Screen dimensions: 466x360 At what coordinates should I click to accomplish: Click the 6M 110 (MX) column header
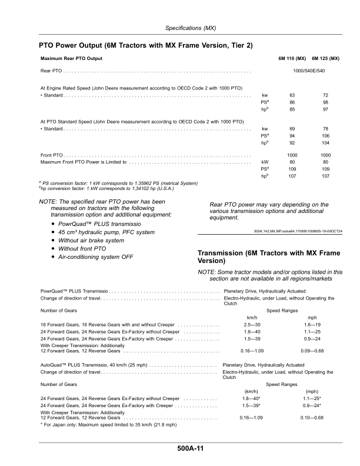(292, 59)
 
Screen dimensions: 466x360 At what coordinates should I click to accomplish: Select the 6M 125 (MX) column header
(325, 59)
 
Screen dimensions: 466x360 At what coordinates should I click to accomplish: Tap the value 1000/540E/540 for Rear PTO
(309, 71)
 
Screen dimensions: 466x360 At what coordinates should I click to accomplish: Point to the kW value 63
(292, 95)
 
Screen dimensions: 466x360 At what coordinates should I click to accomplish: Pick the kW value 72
(325, 95)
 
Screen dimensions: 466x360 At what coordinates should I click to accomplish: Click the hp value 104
(325, 143)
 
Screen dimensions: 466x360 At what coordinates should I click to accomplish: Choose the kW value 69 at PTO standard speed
(292, 128)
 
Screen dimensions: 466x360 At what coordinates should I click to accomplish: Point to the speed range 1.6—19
(312, 325)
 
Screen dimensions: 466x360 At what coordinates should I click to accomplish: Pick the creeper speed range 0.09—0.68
(312, 351)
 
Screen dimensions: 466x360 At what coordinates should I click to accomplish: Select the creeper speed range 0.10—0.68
(312, 418)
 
